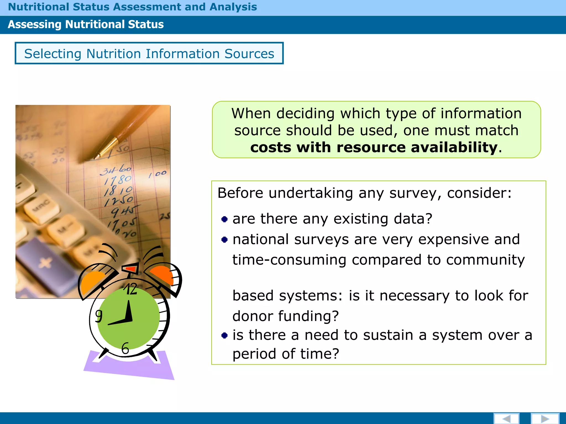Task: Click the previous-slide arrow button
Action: [506, 418]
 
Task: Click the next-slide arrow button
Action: [545, 418]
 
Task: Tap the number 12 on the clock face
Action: [130, 289]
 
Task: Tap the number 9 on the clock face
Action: [99, 316]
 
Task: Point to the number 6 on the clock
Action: [125, 348]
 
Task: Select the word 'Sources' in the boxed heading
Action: [249, 54]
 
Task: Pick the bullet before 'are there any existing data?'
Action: [224, 219]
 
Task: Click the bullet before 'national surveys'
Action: [224, 240]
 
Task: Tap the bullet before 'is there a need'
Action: [224, 335]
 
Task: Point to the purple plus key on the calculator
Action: [46, 262]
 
